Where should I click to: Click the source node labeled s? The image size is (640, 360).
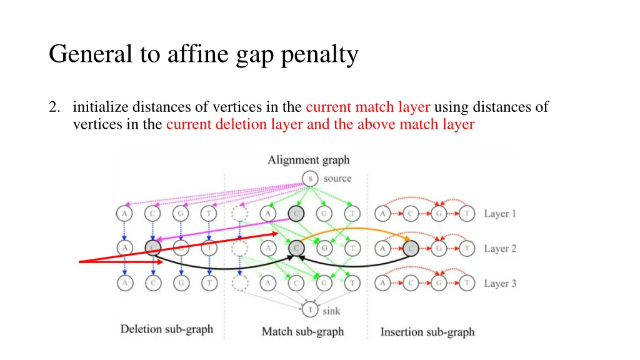(x=310, y=179)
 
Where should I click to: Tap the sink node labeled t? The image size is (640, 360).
(x=310, y=309)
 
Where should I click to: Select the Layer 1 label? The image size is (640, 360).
(x=500, y=214)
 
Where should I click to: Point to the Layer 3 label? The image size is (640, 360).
(x=500, y=284)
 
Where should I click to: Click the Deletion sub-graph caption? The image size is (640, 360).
(x=167, y=329)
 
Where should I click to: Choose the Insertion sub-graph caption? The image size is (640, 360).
(x=427, y=332)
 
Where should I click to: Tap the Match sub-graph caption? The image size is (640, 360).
(x=302, y=331)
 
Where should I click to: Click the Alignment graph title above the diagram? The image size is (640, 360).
(x=309, y=160)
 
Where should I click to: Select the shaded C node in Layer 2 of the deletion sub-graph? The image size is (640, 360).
(x=152, y=249)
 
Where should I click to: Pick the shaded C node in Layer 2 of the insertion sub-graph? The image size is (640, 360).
(x=409, y=249)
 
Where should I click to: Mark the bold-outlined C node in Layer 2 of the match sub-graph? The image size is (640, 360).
(x=296, y=249)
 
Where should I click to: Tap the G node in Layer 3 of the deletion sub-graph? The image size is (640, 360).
(x=180, y=284)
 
